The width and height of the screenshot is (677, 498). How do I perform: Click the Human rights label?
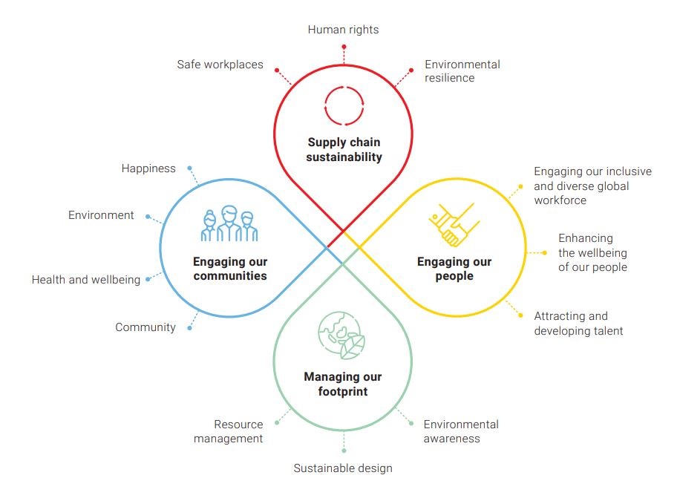pos(343,30)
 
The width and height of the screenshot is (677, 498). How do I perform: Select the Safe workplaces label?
pos(220,65)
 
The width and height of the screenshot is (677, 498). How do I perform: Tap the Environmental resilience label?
pos(462,71)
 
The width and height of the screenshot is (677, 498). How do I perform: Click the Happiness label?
pos(148,168)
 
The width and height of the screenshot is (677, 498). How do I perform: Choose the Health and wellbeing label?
pos(86,280)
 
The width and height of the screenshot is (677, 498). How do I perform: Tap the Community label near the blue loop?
pos(145,327)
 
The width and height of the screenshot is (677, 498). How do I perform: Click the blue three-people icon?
pos(229,224)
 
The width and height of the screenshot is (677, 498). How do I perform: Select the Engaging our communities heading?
pos(230,269)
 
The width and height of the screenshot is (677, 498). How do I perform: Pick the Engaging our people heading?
pos(454,269)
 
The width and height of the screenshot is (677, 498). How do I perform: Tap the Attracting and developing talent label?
pos(578,324)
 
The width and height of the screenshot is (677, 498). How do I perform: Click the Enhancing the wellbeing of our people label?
pos(592,252)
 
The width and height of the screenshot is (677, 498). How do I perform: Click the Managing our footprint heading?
pos(342,384)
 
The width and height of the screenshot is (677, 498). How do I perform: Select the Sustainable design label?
pos(343,468)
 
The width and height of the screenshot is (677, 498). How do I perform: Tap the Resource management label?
pos(229,431)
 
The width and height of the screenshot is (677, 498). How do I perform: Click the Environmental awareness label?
pos(461,431)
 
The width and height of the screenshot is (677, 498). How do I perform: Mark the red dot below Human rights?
pos(344,46)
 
